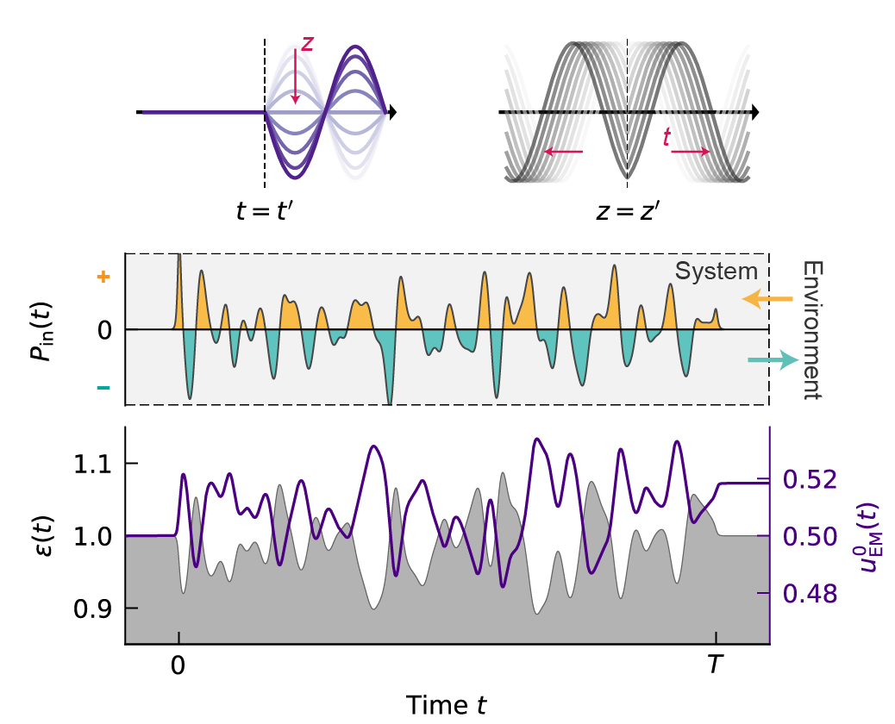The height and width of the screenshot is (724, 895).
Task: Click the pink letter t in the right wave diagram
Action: pyautogui.click(x=666, y=135)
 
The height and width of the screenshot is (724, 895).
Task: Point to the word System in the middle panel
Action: pyautogui.click(x=717, y=271)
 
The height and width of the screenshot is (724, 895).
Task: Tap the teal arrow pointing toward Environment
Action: pyautogui.click(x=771, y=362)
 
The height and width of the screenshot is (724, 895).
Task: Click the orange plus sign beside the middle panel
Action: pyautogui.click(x=104, y=277)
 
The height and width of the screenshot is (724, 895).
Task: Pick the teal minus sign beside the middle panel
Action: pyautogui.click(x=104, y=387)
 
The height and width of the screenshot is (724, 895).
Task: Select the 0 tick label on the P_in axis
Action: pyautogui.click(x=104, y=330)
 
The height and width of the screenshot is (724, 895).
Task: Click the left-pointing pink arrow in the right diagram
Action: pyautogui.click(x=563, y=153)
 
